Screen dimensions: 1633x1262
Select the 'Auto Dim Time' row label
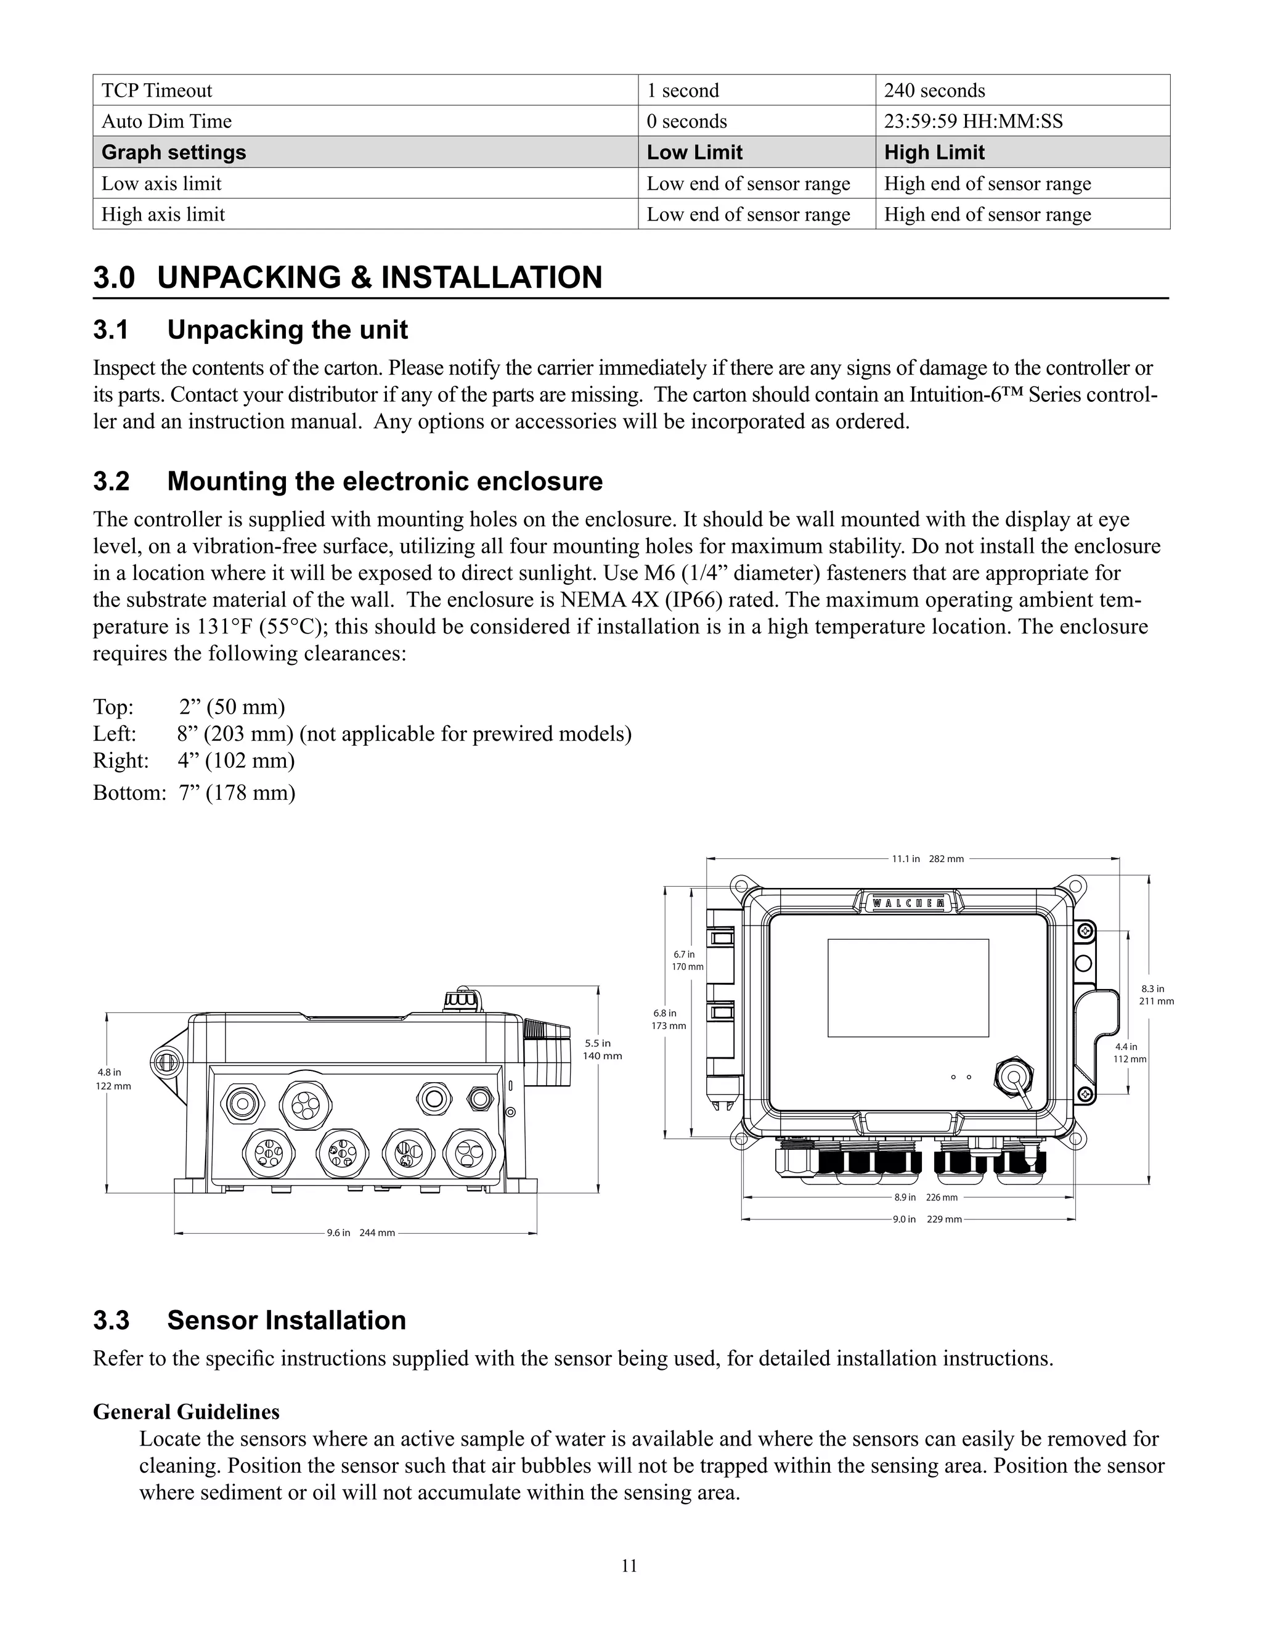tap(167, 121)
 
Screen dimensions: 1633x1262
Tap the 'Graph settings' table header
tap(173, 153)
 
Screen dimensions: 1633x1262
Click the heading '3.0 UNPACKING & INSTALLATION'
tap(348, 277)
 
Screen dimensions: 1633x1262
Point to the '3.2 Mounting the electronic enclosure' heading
tap(348, 481)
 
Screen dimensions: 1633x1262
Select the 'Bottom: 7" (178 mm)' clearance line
tap(194, 792)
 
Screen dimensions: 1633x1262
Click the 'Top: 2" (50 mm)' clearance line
tap(189, 707)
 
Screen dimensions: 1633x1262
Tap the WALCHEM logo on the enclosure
tap(908, 903)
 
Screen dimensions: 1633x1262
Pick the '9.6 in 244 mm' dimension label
tap(360, 1232)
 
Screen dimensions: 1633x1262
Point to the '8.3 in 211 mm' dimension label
tap(1156, 995)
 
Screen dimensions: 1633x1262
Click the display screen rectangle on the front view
tap(908, 988)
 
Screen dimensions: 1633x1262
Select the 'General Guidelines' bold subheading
tap(186, 1412)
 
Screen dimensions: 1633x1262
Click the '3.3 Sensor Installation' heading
tap(249, 1321)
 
